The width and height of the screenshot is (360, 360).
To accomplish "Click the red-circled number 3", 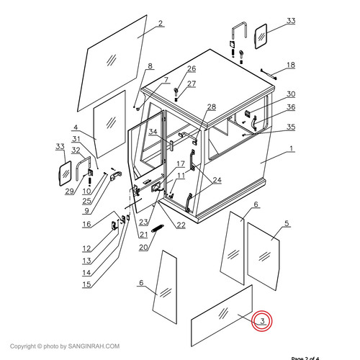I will click(263, 321).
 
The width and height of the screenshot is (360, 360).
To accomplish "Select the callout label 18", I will click(290, 65).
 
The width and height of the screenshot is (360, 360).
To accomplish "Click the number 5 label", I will click(286, 224).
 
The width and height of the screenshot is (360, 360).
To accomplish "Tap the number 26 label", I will click(191, 69).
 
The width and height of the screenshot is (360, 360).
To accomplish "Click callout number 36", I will click(290, 108).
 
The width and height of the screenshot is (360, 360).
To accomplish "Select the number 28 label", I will click(211, 107).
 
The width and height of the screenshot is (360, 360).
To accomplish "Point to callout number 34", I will click(153, 132).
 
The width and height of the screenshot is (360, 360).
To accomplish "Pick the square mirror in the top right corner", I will click(259, 35).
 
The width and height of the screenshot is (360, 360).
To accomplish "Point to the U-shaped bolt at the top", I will click(239, 35).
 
